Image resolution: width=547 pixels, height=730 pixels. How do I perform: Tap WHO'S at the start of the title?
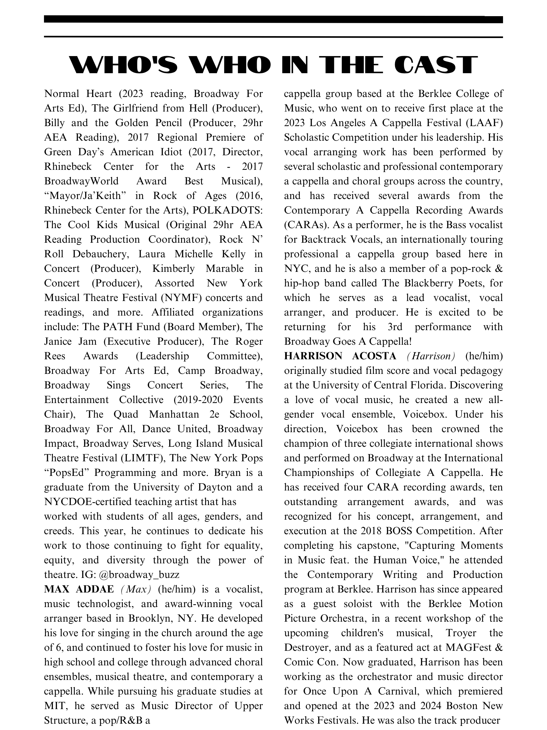(x=123, y=65)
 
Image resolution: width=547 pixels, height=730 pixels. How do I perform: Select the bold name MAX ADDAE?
(x=79, y=589)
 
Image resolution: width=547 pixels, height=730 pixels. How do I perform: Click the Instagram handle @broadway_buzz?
(x=139, y=574)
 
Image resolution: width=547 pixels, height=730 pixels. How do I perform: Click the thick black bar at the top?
(x=273, y=19)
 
